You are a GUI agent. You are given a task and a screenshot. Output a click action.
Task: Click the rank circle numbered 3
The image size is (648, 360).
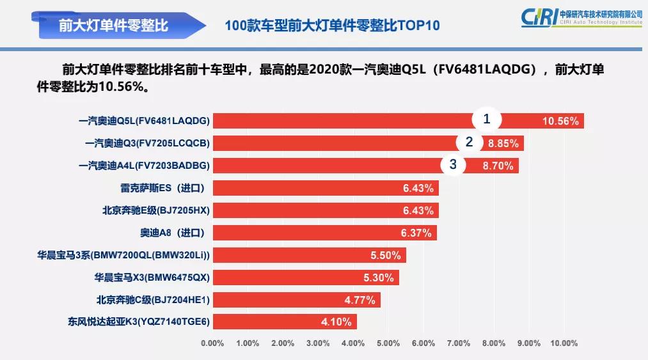[453, 164]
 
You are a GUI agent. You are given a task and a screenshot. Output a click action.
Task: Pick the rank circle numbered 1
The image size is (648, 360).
[487, 119]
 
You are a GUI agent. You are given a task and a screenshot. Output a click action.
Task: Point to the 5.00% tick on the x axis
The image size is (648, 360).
[388, 343]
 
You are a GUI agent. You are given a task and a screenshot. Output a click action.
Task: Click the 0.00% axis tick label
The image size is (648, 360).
[212, 343]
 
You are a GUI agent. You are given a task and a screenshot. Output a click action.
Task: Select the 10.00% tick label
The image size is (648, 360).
[564, 343]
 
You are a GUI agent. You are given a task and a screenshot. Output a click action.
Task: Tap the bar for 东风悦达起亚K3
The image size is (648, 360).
[284, 322]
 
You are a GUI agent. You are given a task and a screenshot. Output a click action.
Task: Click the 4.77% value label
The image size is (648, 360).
[361, 299]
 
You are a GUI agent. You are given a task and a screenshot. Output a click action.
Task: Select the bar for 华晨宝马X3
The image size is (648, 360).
[305, 278]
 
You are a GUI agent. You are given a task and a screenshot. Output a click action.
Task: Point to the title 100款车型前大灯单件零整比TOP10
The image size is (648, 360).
[333, 26]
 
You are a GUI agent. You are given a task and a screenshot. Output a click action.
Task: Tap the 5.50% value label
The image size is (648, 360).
[386, 255]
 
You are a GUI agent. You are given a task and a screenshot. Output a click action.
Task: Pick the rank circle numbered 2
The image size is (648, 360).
[469, 142]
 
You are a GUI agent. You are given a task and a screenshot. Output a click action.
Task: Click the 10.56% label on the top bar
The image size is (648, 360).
[560, 121]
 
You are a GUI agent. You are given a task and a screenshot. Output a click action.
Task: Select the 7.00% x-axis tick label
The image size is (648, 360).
[459, 343]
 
